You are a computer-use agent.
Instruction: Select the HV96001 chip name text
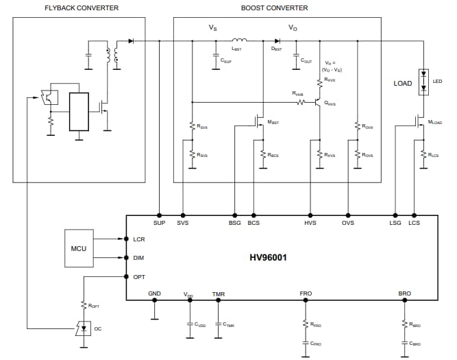(x=268, y=259)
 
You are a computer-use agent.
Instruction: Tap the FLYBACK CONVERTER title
(x=82, y=8)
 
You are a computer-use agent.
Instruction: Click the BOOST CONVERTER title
(x=274, y=8)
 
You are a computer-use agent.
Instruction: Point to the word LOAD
(x=403, y=84)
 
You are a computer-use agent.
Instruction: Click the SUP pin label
(x=159, y=224)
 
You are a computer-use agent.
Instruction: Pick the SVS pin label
(x=182, y=224)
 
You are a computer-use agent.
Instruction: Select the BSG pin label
(x=235, y=224)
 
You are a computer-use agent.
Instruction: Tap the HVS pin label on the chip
(x=310, y=224)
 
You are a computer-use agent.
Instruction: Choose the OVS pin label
(x=348, y=224)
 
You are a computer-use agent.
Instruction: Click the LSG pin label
(x=395, y=224)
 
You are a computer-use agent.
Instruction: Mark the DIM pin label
(x=138, y=258)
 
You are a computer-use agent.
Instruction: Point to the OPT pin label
(x=139, y=276)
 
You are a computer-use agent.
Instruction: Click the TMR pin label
(x=219, y=294)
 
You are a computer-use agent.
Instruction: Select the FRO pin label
(x=306, y=294)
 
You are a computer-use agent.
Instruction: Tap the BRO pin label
(x=404, y=294)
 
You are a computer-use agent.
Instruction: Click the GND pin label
(x=155, y=294)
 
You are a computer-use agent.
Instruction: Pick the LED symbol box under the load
(x=423, y=82)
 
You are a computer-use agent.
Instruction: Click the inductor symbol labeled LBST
(x=240, y=40)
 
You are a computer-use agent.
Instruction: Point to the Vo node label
(x=293, y=28)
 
